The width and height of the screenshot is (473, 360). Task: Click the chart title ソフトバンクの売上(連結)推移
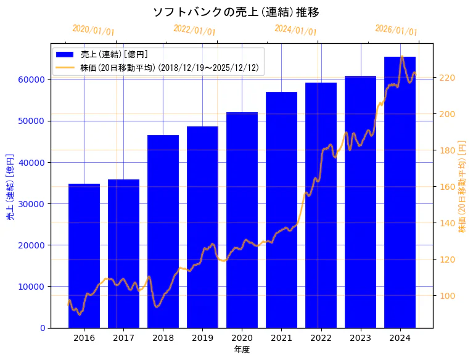click(236, 12)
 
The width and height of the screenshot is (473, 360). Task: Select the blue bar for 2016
click(84, 256)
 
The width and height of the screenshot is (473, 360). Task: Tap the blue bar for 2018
click(163, 231)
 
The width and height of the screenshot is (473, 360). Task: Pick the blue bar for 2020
click(242, 220)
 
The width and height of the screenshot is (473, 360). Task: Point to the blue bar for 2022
click(321, 205)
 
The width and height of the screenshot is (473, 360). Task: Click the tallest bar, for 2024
click(400, 192)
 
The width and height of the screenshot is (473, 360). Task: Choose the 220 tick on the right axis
click(446, 78)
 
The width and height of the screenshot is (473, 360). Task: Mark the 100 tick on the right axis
click(446, 296)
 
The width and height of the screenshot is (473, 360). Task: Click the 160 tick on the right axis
click(446, 187)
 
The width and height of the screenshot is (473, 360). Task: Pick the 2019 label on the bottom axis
click(202, 338)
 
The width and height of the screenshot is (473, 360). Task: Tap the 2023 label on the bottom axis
click(360, 338)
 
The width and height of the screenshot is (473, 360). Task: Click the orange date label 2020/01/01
click(93, 30)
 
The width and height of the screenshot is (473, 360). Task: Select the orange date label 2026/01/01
click(396, 30)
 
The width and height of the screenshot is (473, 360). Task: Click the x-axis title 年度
click(242, 350)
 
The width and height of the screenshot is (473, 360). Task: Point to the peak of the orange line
click(402, 56)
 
